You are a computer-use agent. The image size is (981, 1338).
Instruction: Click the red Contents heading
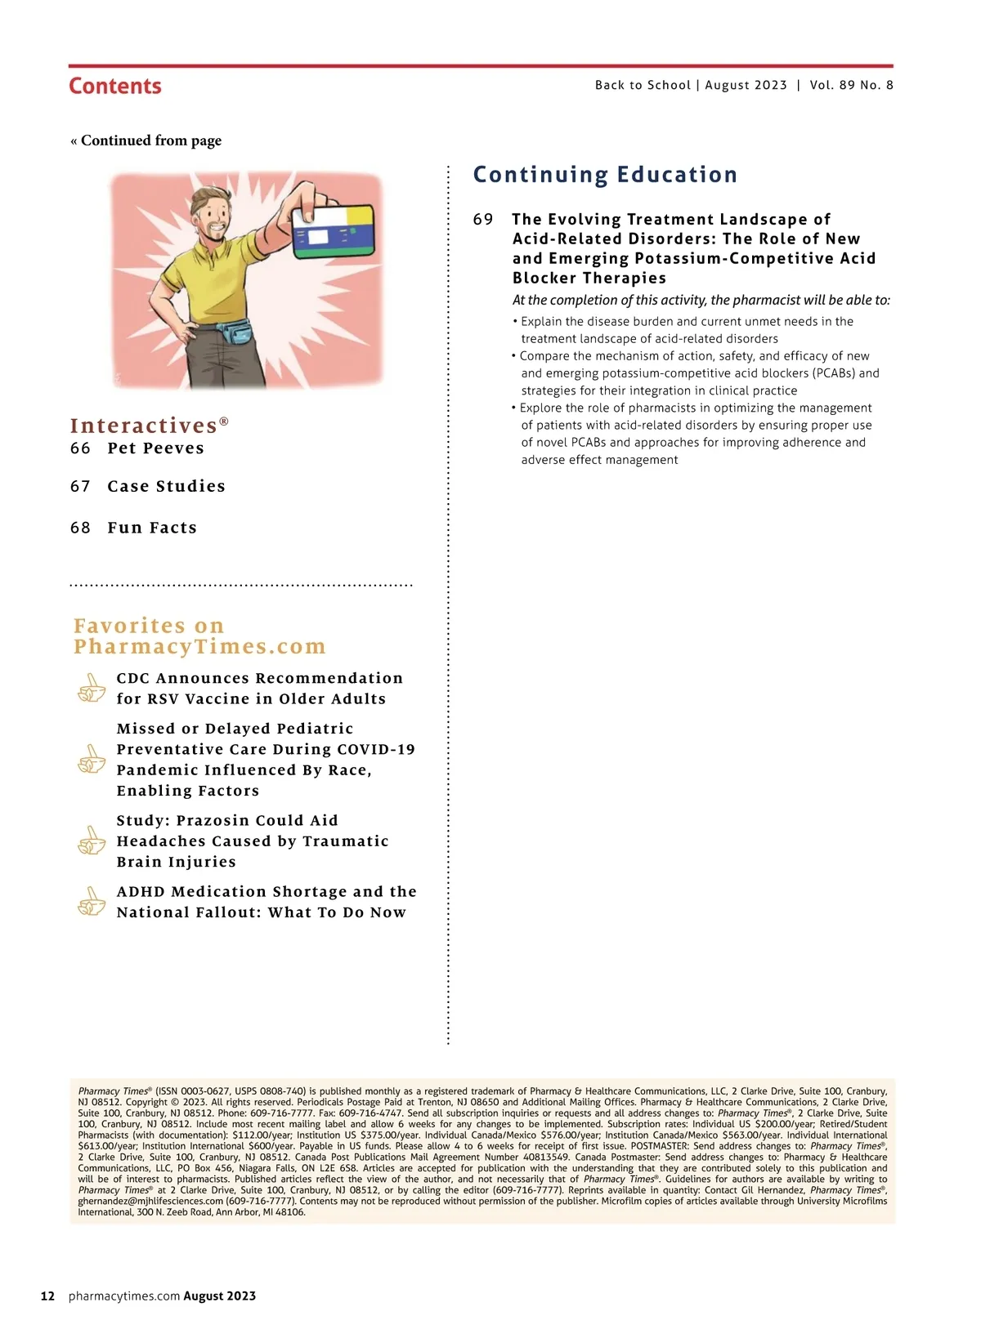pos(115,86)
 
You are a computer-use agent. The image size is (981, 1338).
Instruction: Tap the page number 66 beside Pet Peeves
pos(80,448)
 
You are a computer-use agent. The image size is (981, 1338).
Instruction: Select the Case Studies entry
pos(166,487)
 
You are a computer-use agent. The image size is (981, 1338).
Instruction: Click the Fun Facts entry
pos(152,528)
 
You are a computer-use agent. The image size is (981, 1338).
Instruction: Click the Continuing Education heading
pos(605,175)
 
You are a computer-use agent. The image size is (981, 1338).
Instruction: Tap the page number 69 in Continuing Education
pos(483,220)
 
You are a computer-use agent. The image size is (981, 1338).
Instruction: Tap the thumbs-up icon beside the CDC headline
pos(91,689)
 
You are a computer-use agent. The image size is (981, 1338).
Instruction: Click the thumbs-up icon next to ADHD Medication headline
pos(91,903)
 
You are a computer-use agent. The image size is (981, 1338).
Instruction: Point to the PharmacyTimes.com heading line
pos(199,647)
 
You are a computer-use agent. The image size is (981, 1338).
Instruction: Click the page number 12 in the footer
pos(47,1296)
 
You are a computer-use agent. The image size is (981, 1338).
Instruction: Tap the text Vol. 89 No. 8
pos(851,85)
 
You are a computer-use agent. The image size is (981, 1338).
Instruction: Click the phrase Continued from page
pos(150,140)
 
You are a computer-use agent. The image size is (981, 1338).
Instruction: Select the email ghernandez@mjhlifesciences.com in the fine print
pos(150,1202)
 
